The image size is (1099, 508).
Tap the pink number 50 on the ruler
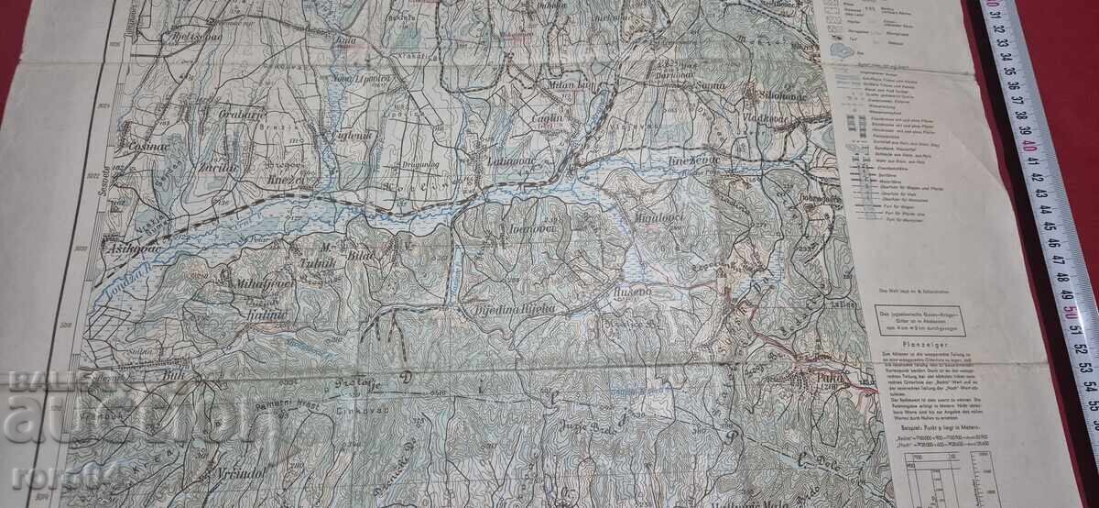[1069, 310]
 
